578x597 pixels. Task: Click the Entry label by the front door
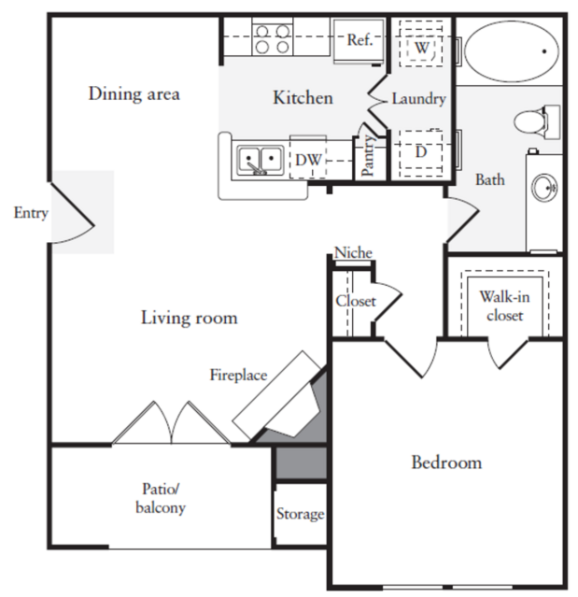pos(31,213)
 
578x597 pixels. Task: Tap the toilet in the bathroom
pos(537,122)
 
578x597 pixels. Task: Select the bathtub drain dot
pos(544,51)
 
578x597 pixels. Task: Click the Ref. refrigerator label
pos(359,39)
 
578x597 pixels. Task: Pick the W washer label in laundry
pos(421,48)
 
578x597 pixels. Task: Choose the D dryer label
pos(421,152)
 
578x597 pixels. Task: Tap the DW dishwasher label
pos(308,160)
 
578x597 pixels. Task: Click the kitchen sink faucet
pos(257,168)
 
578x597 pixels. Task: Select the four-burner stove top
pos(272,39)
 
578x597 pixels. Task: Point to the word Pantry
pos(368,155)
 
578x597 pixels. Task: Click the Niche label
pos(353,253)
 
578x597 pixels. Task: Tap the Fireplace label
pos(239,376)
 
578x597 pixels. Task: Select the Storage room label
pos(301,515)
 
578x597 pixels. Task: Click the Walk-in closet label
pos(504,306)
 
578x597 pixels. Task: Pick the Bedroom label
pos(446,462)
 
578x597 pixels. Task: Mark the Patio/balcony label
pos(161,499)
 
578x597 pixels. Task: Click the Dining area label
pos(134,93)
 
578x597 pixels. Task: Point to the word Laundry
pos(419,99)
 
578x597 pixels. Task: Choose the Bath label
pos(490,179)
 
